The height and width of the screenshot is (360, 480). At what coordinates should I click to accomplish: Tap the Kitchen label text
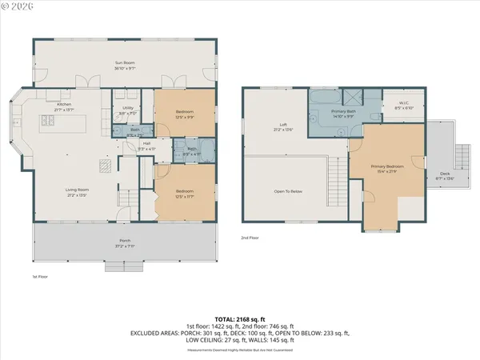coord(64,104)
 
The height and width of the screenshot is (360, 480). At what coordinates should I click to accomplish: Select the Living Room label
coord(77,190)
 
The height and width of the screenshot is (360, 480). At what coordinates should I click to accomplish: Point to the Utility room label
coord(128,109)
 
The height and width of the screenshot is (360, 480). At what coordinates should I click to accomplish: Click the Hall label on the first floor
coord(146,145)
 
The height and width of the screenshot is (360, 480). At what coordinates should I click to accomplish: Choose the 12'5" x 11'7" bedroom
coord(185,192)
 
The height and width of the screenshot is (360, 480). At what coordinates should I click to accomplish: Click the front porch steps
coord(124,266)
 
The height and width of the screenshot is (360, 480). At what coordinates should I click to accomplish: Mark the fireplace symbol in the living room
coord(103,166)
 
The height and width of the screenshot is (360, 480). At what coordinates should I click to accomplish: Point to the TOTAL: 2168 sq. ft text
coord(240,318)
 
